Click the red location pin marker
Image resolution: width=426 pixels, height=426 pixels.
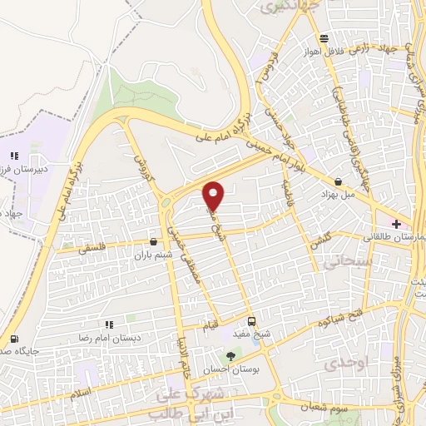(214, 196)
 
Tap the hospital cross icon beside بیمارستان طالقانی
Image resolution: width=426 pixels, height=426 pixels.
(396, 224)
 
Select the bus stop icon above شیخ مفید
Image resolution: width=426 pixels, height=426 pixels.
(252, 322)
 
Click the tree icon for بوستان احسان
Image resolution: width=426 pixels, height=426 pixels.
(230, 356)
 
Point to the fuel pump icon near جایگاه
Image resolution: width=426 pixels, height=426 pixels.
(13, 339)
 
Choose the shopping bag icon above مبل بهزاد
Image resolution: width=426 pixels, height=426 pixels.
(338, 181)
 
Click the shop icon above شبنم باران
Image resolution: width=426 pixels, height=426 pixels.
(152, 242)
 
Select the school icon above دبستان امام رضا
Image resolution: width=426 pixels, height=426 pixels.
(108, 324)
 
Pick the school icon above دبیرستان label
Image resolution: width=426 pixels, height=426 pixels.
(13, 155)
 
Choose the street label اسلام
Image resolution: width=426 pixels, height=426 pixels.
(82, 390)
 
